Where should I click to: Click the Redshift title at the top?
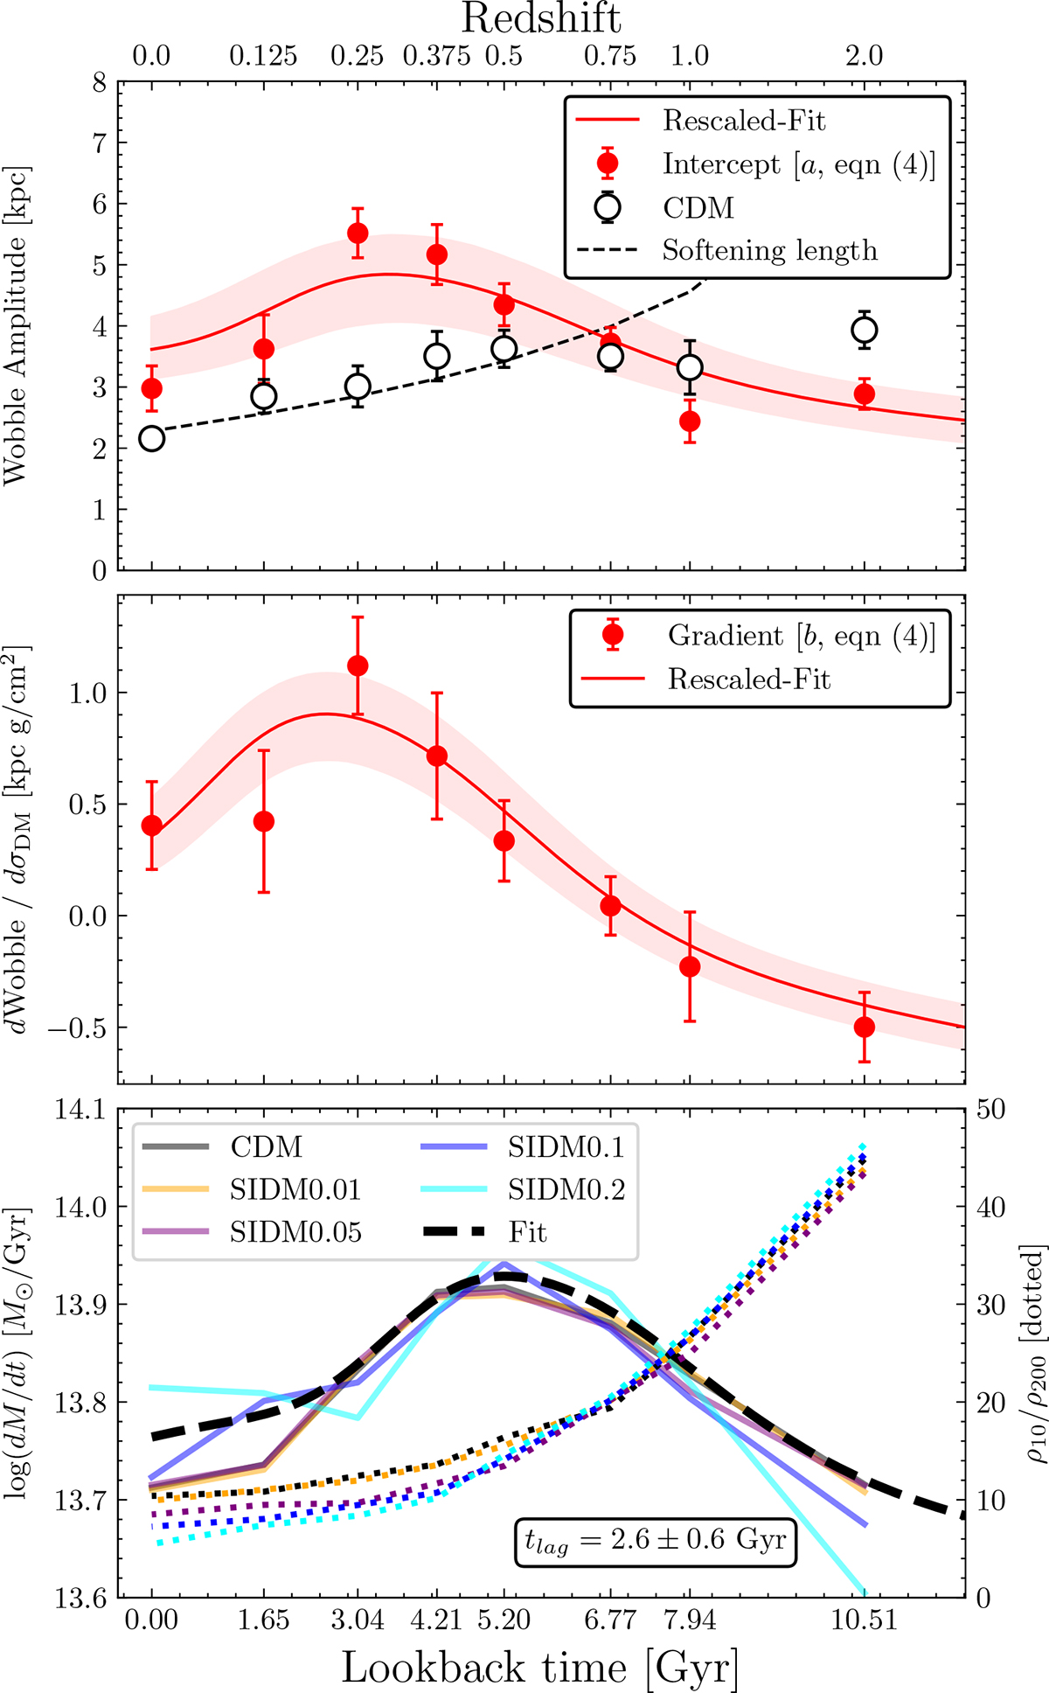(541, 19)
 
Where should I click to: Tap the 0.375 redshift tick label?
(436, 56)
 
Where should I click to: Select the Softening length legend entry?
(769, 251)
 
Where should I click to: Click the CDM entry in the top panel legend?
(698, 208)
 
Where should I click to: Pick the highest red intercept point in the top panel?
(358, 233)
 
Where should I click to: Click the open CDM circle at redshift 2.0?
(865, 331)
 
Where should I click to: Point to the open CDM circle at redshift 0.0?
(152, 439)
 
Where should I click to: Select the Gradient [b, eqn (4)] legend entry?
(801, 636)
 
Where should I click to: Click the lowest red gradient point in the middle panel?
(865, 1027)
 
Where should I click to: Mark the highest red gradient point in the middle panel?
(358, 666)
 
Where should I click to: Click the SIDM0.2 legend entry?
(566, 1189)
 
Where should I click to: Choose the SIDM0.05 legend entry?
(295, 1232)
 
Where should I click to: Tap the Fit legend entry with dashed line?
(527, 1233)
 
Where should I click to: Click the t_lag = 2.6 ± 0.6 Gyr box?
(655, 1541)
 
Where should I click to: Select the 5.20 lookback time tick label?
(504, 1620)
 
